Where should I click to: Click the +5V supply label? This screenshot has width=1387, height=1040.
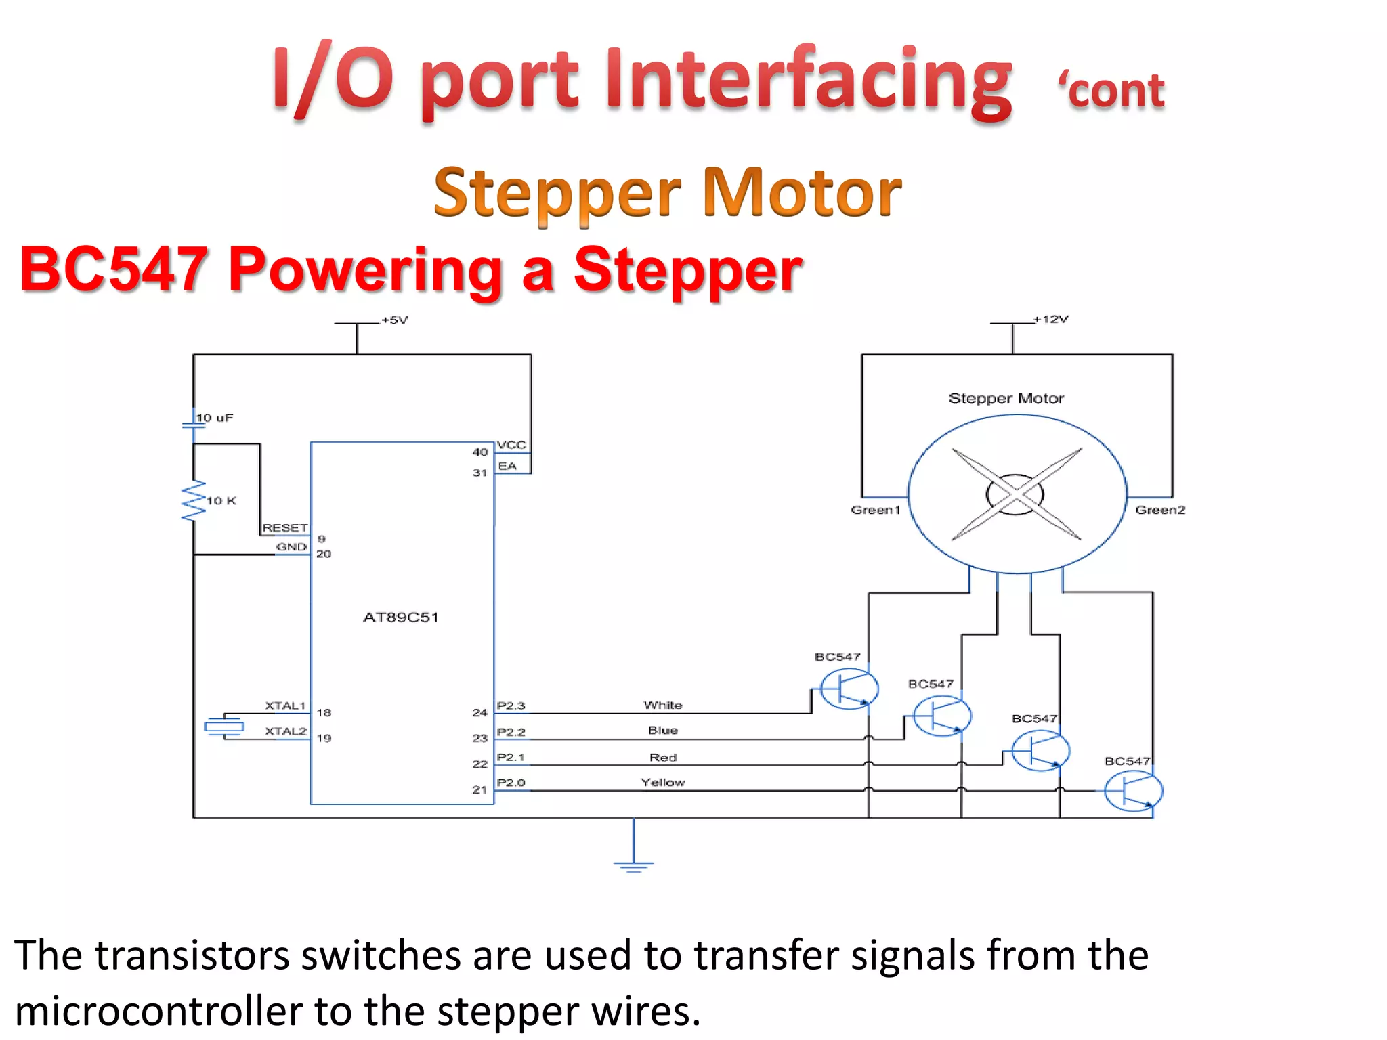tap(395, 320)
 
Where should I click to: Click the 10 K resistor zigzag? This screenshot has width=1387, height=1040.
tap(194, 501)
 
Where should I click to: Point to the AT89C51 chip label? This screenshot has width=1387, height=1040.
tap(401, 617)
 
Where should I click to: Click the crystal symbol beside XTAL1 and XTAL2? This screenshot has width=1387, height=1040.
tap(224, 727)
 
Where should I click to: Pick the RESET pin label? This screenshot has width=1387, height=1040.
tap(285, 527)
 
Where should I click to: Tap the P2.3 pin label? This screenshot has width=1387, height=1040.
tap(511, 706)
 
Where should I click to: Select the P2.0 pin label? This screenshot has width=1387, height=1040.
tap(511, 783)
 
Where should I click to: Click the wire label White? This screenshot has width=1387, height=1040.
tap(662, 705)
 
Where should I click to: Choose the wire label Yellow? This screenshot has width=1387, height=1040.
tap(663, 782)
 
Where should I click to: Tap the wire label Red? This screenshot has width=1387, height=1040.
tap(662, 757)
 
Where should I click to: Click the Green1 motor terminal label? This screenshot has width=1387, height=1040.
tap(876, 510)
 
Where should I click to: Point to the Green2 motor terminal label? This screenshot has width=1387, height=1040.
tap(1160, 510)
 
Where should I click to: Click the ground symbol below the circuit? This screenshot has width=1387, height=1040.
tap(633, 865)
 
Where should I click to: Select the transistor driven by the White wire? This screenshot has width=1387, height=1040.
tap(849, 689)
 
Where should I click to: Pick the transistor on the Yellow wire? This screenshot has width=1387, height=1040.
tap(1133, 791)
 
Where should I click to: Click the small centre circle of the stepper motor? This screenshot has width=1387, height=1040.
tap(1015, 494)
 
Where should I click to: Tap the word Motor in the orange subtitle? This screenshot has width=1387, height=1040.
tap(802, 193)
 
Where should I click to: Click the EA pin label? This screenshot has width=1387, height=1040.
tap(507, 466)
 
